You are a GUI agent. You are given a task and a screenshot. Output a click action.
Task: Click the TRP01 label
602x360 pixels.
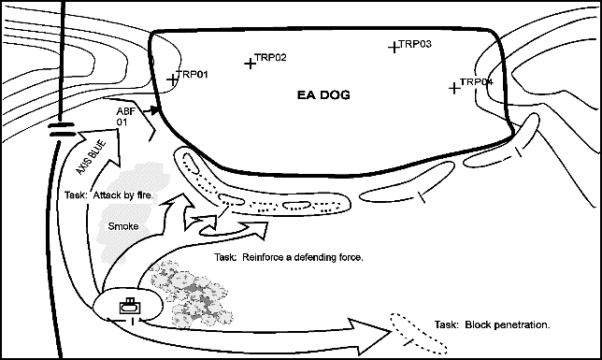(x=193, y=74)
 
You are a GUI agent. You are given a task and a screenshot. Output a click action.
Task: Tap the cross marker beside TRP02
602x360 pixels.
(x=250, y=63)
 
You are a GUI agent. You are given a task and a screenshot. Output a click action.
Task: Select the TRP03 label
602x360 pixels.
(x=415, y=44)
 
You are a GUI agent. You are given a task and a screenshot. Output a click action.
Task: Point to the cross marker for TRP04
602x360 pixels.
(x=454, y=88)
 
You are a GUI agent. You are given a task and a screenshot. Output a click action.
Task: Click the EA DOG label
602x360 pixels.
(x=323, y=94)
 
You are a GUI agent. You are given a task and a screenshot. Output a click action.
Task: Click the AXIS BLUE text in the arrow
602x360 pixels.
(x=91, y=157)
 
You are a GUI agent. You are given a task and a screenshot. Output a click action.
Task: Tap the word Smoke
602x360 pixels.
(x=123, y=226)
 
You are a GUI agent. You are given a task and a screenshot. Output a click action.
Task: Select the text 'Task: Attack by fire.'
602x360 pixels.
(x=108, y=195)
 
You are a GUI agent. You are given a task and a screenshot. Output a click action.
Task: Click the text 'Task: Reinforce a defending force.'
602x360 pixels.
(x=288, y=257)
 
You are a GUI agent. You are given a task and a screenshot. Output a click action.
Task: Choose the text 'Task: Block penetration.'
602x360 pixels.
(x=493, y=324)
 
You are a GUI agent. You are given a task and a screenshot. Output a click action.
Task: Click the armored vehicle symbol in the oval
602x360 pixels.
(x=130, y=306)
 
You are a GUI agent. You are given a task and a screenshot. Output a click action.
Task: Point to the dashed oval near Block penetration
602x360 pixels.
(x=419, y=334)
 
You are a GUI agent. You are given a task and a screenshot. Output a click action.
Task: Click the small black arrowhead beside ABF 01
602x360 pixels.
(x=154, y=110)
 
